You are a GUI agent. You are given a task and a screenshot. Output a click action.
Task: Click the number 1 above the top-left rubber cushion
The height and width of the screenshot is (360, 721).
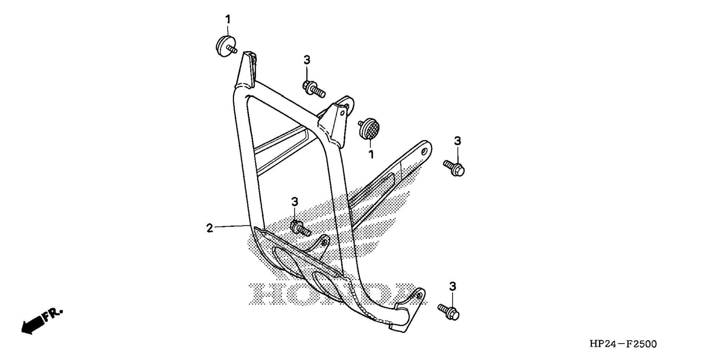point(228,19)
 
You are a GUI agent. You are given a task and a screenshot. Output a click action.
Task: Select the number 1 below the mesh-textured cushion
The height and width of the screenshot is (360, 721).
point(371,154)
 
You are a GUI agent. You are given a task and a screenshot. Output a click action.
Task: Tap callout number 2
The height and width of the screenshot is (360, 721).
point(210,228)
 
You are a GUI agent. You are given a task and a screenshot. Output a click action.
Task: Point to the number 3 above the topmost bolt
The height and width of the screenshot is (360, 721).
point(307,60)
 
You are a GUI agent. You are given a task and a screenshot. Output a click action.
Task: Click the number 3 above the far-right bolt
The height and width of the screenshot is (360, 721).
point(457,141)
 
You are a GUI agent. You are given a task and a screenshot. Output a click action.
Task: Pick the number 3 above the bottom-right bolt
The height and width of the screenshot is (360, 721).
point(453,286)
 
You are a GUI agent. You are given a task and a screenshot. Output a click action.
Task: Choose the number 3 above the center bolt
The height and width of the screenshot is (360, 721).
point(295,202)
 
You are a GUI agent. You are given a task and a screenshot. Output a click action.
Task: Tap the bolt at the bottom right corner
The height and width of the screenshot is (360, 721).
point(448,312)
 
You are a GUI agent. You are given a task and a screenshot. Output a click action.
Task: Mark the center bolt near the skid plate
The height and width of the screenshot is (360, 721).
point(300,228)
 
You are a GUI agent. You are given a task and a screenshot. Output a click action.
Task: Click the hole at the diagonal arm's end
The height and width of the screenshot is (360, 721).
point(424,151)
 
